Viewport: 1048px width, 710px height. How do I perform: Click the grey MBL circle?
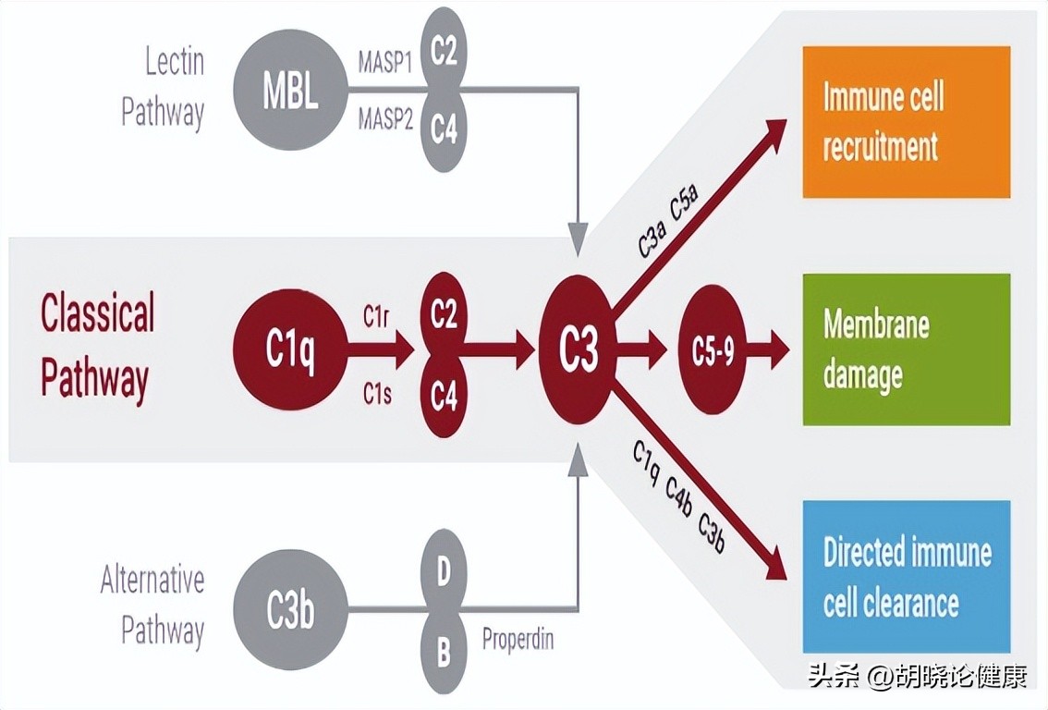pyautogui.click(x=290, y=92)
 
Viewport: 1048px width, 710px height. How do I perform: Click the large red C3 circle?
pyautogui.click(x=579, y=350)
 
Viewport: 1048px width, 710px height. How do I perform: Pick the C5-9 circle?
pyautogui.click(x=713, y=350)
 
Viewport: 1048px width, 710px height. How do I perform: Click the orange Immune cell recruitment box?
pyautogui.click(x=906, y=122)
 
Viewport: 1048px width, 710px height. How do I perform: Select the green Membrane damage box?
pyautogui.click(x=906, y=349)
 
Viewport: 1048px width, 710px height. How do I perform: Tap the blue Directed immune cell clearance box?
pyautogui.click(x=906, y=578)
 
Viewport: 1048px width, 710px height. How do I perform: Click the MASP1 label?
pyautogui.click(x=384, y=65)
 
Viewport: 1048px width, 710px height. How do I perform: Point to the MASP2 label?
pyautogui.click(x=384, y=119)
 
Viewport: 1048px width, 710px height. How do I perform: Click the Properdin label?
pyautogui.click(x=518, y=638)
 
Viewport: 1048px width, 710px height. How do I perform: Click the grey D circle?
pyautogui.click(x=444, y=572)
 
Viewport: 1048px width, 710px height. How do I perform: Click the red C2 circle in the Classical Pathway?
pyautogui.click(x=444, y=315)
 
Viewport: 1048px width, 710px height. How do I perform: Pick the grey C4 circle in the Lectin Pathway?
pyautogui.click(x=444, y=130)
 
